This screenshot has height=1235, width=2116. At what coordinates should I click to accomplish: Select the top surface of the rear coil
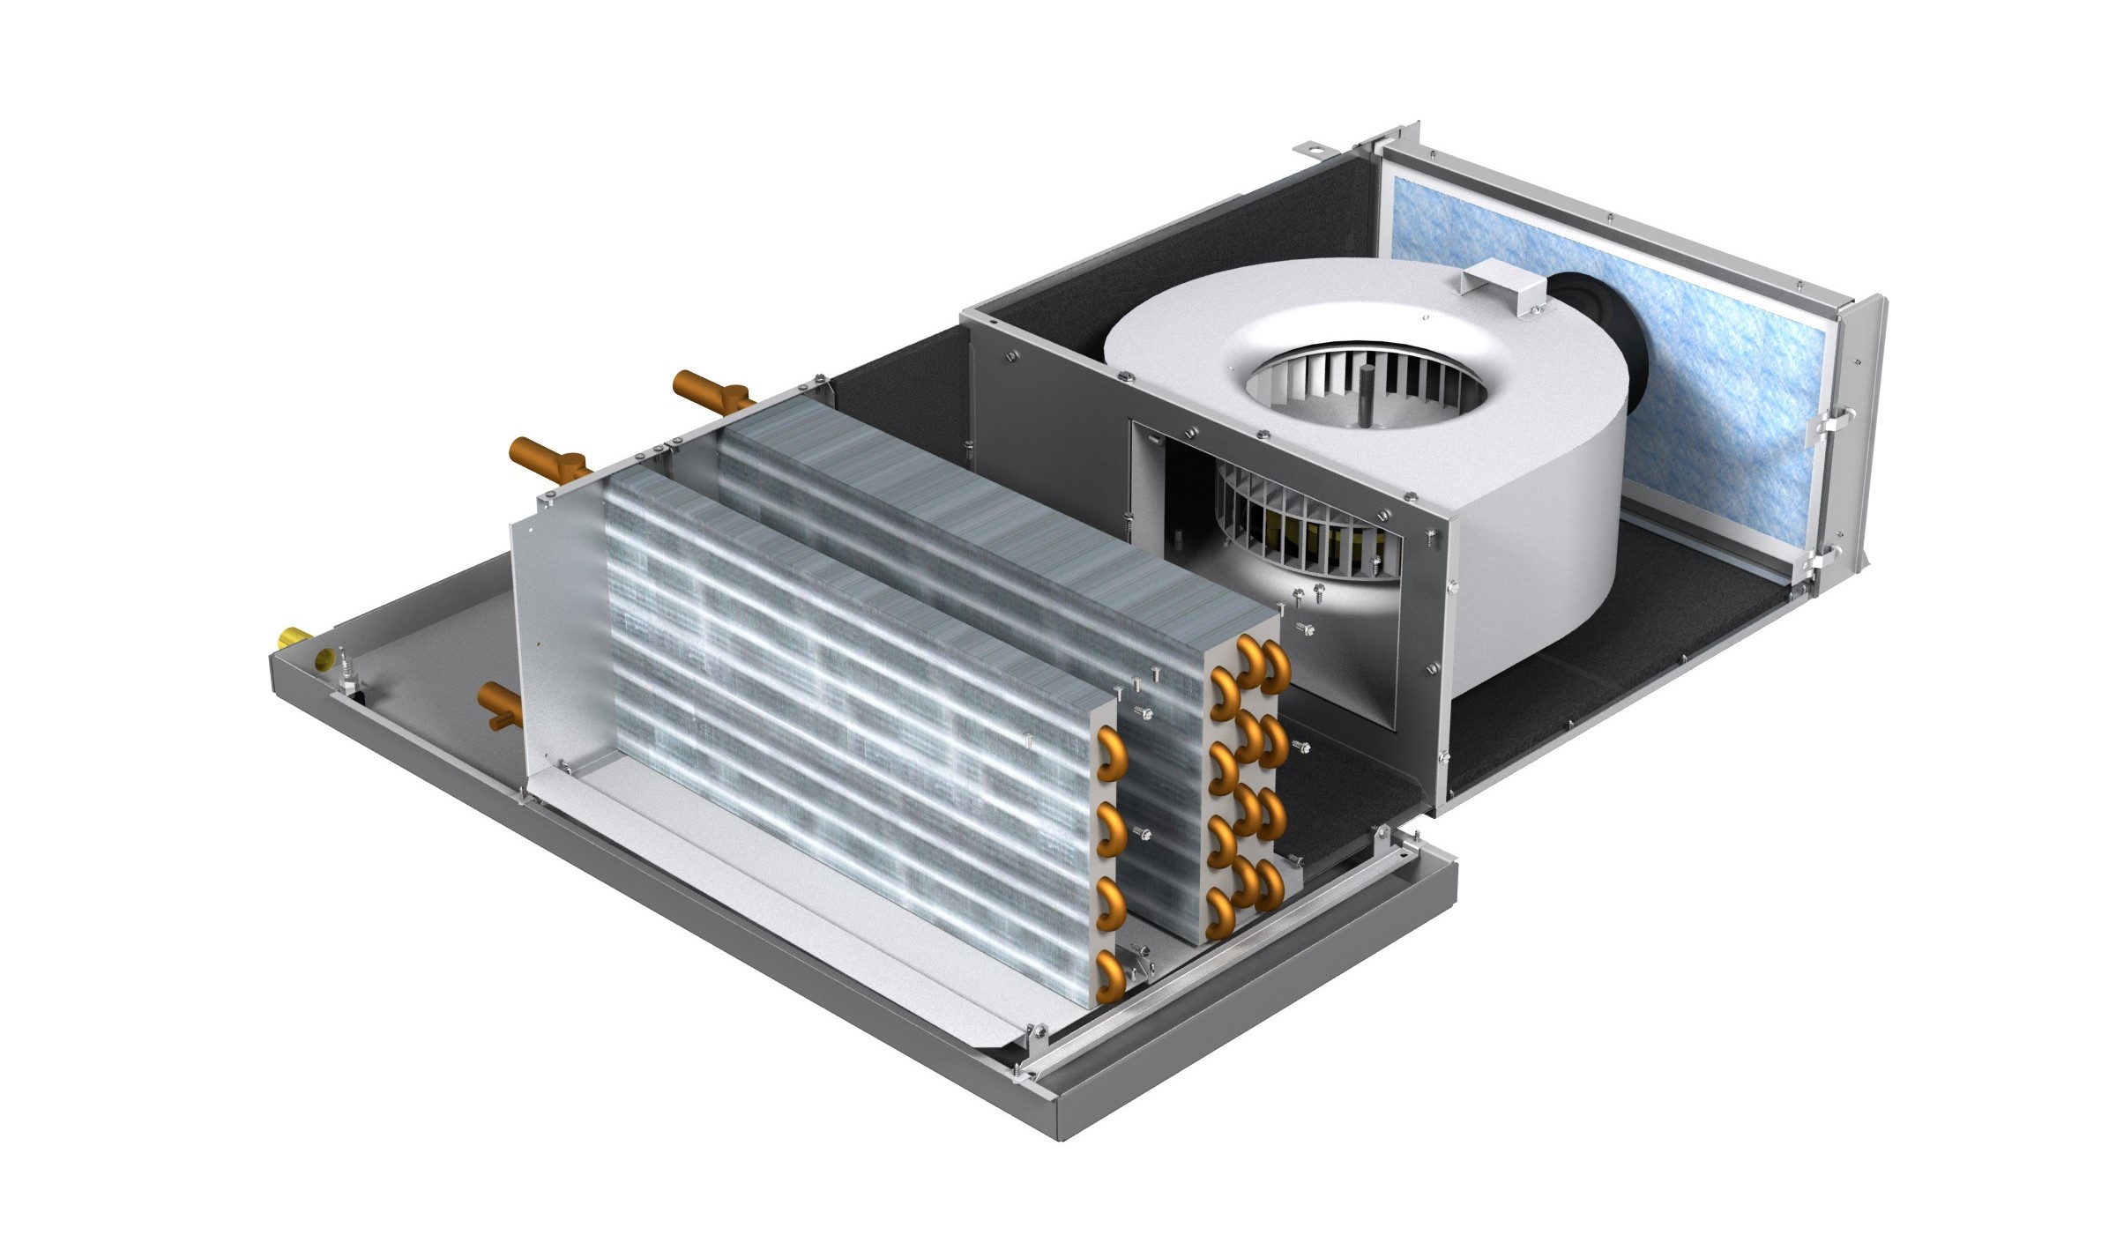click(970, 511)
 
